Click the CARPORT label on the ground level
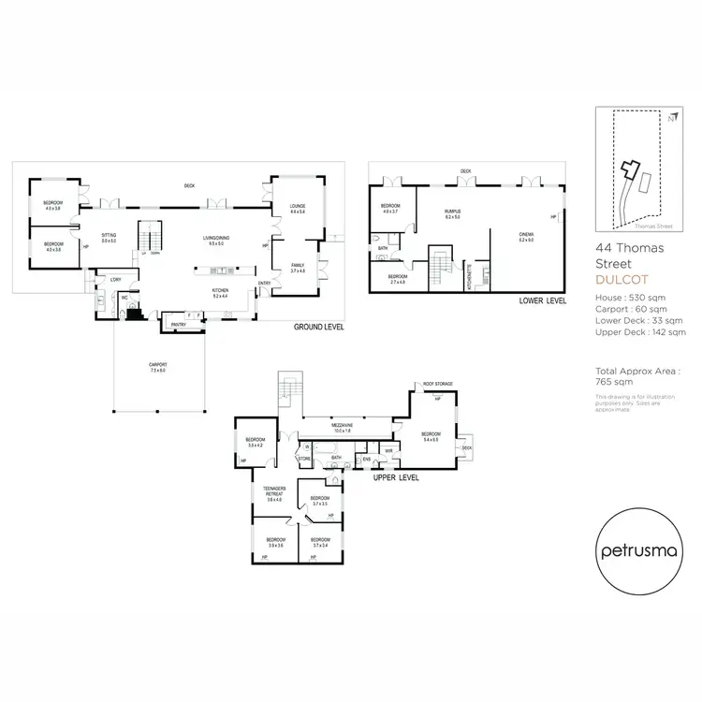pyautogui.click(x=155, y=366)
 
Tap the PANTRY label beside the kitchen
pyautogui.click(x=178, y=325)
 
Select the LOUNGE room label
pyautogui.click(x=299, y=208)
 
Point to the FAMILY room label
pyautogui.click(x=298, y=267)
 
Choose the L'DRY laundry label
pyautogui.click(x=115, y=280)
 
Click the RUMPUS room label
pyautogui.click(x=453, y=212)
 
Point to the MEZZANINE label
pyautogui.click(x=341, y=426)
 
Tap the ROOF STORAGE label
pyautogui.click(x=437, y=385)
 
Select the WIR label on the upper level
pyautogui.click(x=388, y=450)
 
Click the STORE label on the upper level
pyautogui.click(x=304, y=459)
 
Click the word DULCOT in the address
pyautogui.click(x=622, y=278)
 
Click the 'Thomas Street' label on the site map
pyautogui.click(x=653, y=226)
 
